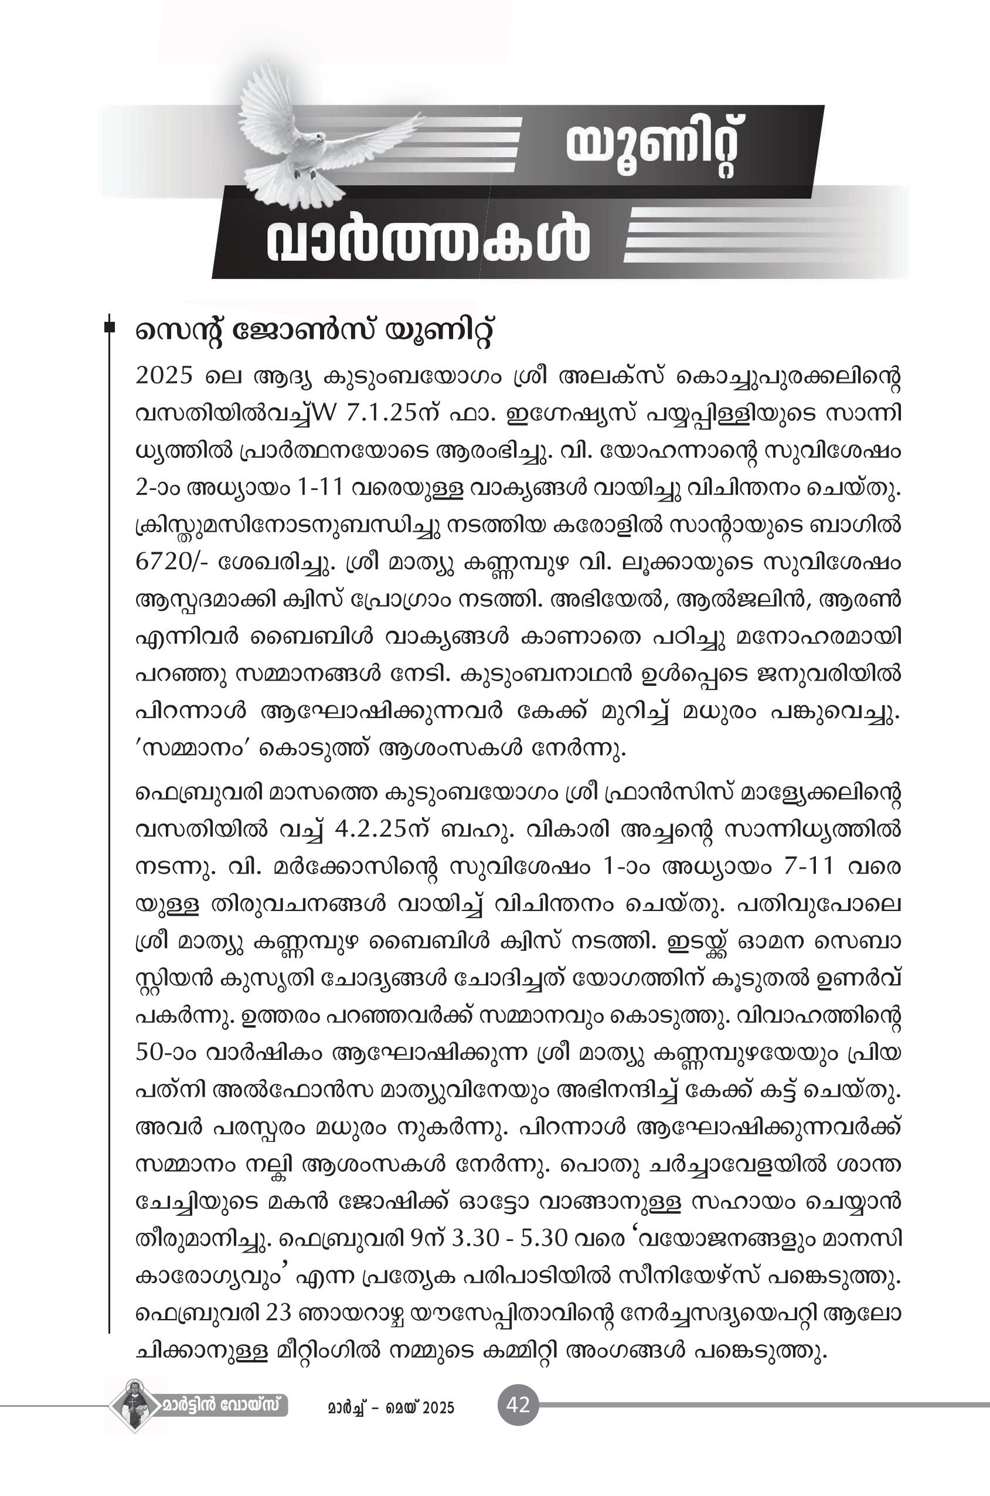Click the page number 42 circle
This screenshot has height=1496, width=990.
518,1406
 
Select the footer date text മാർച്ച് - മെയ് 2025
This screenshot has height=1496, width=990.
391,1407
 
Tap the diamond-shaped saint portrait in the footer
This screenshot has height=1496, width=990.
134,1406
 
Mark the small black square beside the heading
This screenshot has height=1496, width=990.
110,327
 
